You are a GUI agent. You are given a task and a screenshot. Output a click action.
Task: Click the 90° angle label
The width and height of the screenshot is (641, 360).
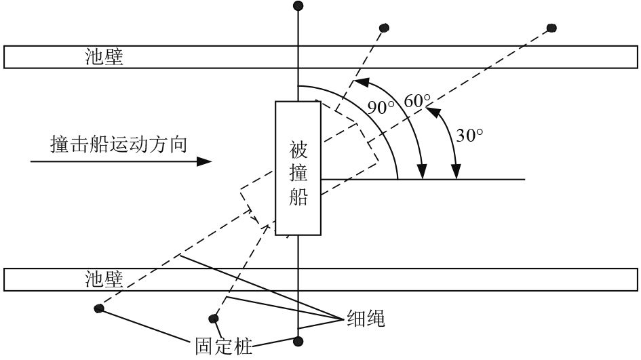tap(381, 106)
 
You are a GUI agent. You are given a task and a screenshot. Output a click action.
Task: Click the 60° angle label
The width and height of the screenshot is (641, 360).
tap(417, 101)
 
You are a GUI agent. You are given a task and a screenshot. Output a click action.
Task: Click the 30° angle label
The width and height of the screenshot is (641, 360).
tap(469, 134)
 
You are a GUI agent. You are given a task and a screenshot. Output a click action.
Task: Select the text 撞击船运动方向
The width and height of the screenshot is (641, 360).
tap(118, 144)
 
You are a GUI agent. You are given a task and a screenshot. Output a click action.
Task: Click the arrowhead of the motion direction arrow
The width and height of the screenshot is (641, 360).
tap(203, 162)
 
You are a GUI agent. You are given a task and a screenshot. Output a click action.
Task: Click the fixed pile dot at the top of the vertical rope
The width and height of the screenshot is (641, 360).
tap(297, 6)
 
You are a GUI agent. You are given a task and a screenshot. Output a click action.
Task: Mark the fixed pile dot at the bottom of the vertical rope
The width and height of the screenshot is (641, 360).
tap(297, 340)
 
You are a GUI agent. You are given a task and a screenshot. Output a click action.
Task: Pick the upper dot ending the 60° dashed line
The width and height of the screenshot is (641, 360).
tap(384, 28)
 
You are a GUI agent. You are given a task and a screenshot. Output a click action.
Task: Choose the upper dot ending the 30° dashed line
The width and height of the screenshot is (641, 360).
tap(551, 28)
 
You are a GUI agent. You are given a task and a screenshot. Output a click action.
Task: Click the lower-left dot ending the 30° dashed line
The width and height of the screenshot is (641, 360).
tap(100, 309)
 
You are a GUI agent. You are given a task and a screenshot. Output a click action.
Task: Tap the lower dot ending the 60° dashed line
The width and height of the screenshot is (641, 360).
tap(214, 318)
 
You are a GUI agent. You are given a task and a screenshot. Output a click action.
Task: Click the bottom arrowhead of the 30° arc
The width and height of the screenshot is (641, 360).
tap(457, 172)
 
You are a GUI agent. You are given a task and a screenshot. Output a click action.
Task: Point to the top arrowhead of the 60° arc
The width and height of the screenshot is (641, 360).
tap(362, 82)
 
